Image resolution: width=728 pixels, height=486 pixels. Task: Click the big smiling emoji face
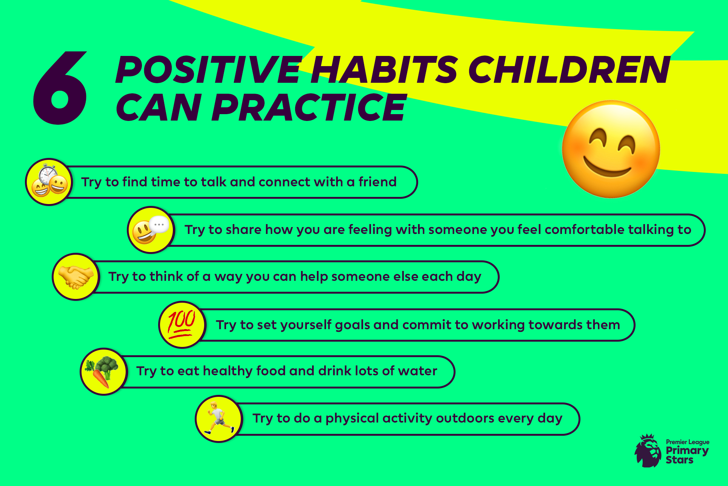(x=611, y=149)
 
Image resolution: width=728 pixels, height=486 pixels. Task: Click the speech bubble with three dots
(x=159, y=225)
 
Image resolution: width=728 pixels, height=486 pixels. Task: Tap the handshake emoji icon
(x=76, y=277)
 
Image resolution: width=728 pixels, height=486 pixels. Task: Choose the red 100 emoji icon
(x=182, y=324)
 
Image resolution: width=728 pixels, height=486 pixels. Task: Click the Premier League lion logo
(x=648, y=450)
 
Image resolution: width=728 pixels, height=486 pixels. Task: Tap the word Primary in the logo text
(x=687, y=451)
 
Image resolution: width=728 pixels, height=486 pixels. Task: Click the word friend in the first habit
(x=377, y=182)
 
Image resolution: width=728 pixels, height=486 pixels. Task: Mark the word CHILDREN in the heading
(x=569, y=70)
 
